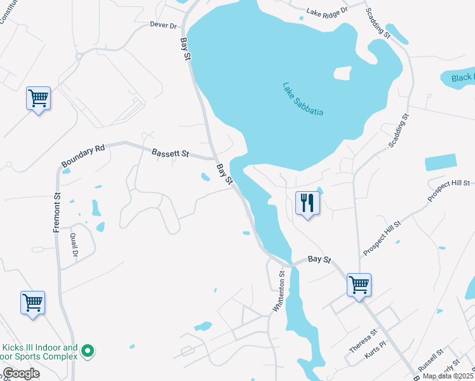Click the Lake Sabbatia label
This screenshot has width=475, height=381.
[x=303, y=99]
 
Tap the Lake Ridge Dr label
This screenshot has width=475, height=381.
[x=328, y=11]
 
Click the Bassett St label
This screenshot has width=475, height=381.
[x=170, y=153]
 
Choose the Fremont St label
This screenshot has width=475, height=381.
[x=56, y=213]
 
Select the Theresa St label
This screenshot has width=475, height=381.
[x=363, y=340]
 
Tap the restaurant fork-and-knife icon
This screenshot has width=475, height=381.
[x=307, y=203]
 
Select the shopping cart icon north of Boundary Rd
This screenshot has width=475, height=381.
[x=39, y=98]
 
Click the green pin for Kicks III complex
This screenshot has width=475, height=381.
[x=90, y=351]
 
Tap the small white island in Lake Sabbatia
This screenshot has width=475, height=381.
[x=342, y=73]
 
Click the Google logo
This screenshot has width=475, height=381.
[x=21, y=373]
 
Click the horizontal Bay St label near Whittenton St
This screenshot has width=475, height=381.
[x=320, y=260]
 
